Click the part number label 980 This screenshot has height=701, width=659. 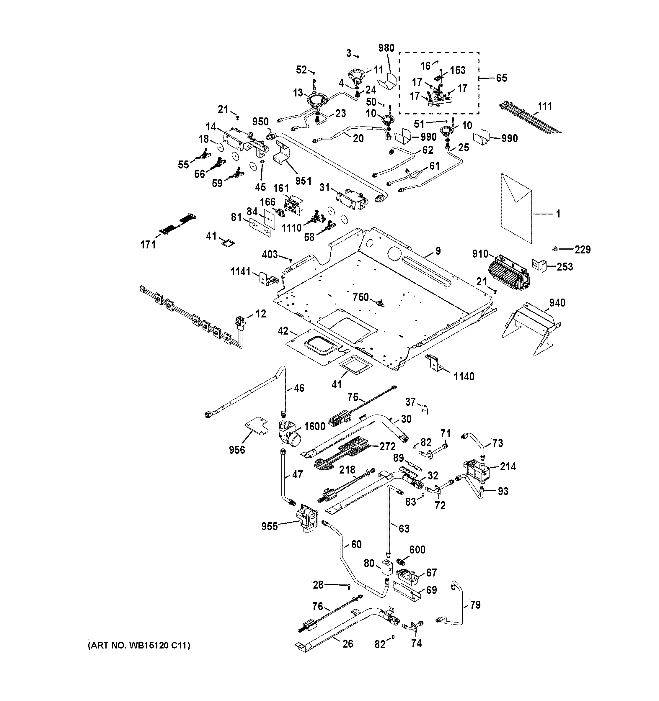pyautogui.click(x=386, y=48)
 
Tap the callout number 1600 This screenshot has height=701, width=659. pyautogui.click(x=315, y=426)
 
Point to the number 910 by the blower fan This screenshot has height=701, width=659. pyautogui.click(x=480, y=254)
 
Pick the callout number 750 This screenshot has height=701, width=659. pyautogui.click(x=361, y=297)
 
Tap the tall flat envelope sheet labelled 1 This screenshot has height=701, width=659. pyautogui.click(x=516, y=208)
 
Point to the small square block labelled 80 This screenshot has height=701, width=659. pyautogui.click(x=387, y=567)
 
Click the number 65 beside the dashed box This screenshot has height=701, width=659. pyautogui.click(x=502, y=78)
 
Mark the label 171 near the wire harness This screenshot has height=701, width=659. pyautogui.click(x=148, y=244)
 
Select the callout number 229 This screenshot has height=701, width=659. pyautogui.click(x=583, y=250)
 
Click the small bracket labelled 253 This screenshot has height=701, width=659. pyautogui.click(x=539, y=266)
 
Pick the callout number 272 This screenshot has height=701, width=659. pyautogui.click(x=388, y=446)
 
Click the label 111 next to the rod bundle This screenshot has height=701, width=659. pyautogui.click(x=545, y=106)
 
